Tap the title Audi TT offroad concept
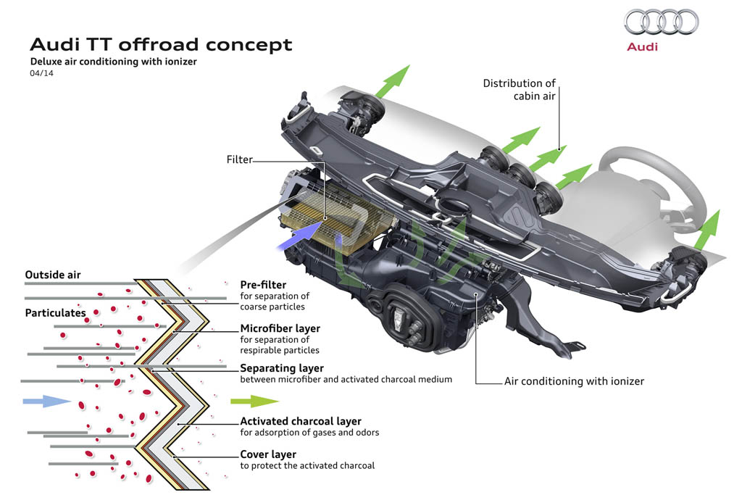pos(160,44)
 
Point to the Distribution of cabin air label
pos(519,89)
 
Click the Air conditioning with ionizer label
pos(574,380)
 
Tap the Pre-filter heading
pos(263,285)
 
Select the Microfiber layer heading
pos(280,328)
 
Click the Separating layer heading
pos(282,368)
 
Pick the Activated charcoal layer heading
pos(301,421)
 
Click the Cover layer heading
pos(268,454)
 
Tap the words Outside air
pos(53,275)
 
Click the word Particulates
pos(55,313)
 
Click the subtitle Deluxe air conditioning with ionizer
pos(113,62)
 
